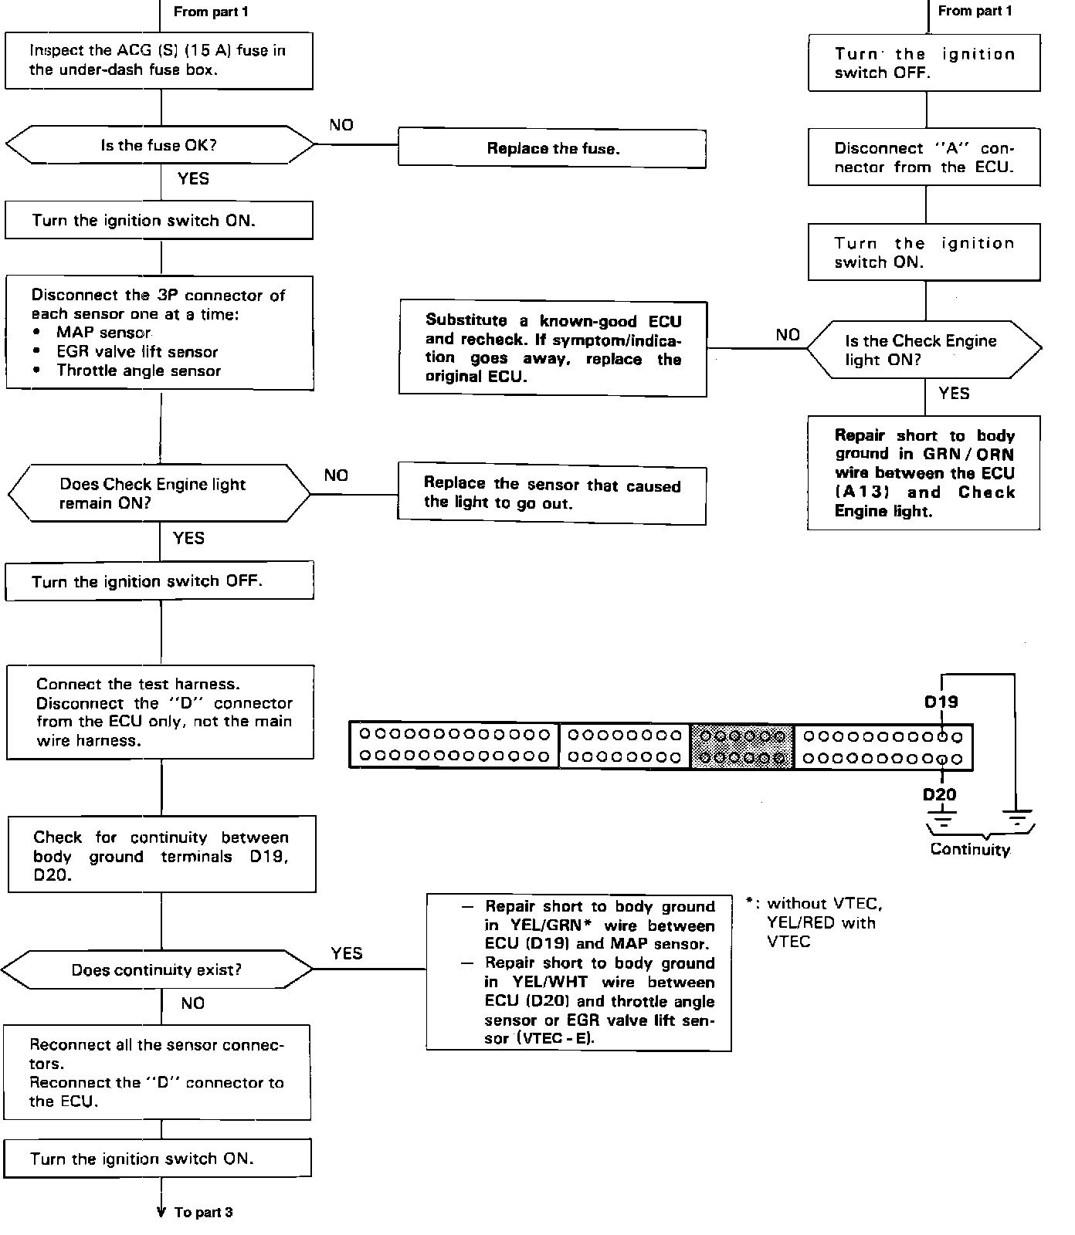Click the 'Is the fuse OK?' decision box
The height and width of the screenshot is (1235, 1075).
[158, 146]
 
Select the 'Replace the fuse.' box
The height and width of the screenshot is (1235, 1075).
[551, 148]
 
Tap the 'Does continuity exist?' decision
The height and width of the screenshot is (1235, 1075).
[157, 970]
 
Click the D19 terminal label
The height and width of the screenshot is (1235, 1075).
[941, 702]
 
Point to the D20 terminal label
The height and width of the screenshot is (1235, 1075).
[939, 794]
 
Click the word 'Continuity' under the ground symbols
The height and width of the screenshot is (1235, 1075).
[970, 850]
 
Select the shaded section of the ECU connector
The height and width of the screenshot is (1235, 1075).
[742, 746]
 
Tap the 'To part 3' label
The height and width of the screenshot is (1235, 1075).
[203, 1213]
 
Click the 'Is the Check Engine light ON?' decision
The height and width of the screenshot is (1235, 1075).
[924, 350]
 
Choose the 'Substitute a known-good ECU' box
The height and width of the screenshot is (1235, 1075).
[552, 349]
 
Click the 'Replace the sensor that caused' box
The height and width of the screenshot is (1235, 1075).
[551, 494]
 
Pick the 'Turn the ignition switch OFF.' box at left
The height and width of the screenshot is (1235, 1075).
[159, 581]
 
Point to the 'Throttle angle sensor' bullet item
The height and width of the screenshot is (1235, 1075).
[138, 370]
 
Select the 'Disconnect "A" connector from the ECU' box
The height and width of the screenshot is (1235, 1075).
[924, 157]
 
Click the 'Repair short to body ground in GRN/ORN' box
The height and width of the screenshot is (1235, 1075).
[924, 473]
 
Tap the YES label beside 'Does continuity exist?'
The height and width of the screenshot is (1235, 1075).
[347, 953]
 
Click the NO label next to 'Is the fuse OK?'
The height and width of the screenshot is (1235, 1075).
[341, 125]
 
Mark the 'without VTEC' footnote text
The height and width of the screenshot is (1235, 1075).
[823, 903]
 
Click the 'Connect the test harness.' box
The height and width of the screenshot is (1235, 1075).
[161, 712]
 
